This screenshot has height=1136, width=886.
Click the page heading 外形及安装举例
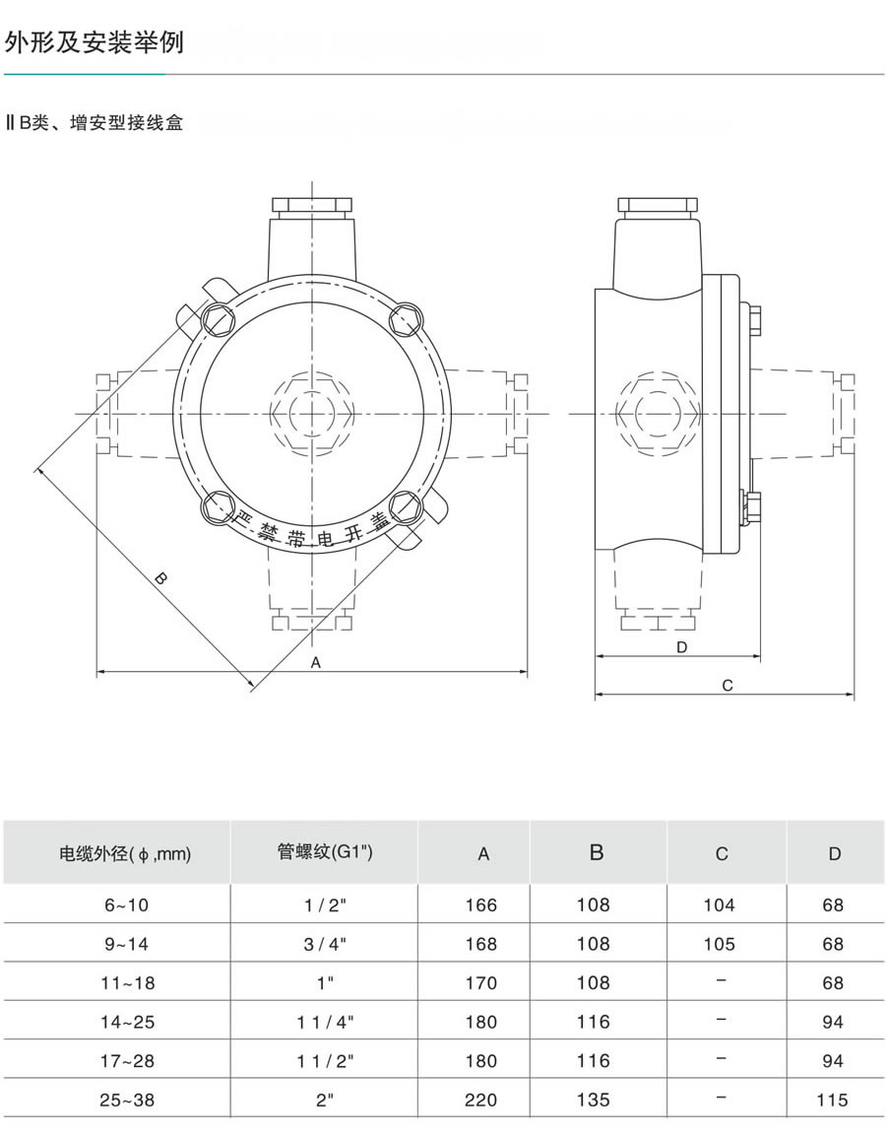pyautogui.click(x=95, y=42)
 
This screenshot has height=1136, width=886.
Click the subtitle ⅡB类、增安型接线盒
pyautogui.click(x=95, y=122)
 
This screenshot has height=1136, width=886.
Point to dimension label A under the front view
pyautogui.click(x=316, y=662)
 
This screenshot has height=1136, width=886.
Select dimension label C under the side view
pyautogui.click(x=728, y=686)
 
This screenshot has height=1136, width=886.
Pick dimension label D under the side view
pyautogui.click(x=681, y=647)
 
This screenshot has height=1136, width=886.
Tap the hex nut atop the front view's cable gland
pyautogui.click(x=312, y=204)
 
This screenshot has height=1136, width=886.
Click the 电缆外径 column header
pyautogui.click(x=124, y=853)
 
